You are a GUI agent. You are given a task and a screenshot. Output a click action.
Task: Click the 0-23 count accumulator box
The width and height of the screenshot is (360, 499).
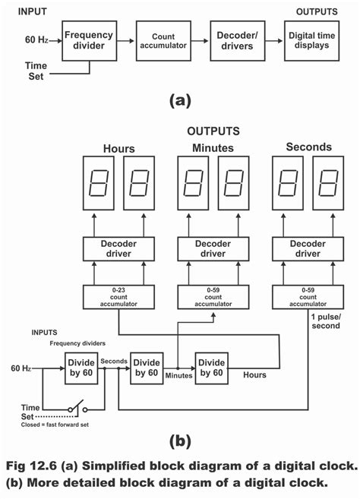tap(112, 296)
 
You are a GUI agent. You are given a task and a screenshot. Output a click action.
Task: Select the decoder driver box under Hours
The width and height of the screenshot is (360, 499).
tap(112, 248)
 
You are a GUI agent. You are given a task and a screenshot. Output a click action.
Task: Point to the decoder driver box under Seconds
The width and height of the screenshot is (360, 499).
tap(308, 248)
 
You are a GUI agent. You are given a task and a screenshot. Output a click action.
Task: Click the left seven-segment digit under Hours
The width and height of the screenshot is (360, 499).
tap(96, 183)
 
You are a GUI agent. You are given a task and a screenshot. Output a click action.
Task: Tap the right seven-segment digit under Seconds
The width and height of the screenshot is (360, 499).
tap(328, 183)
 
